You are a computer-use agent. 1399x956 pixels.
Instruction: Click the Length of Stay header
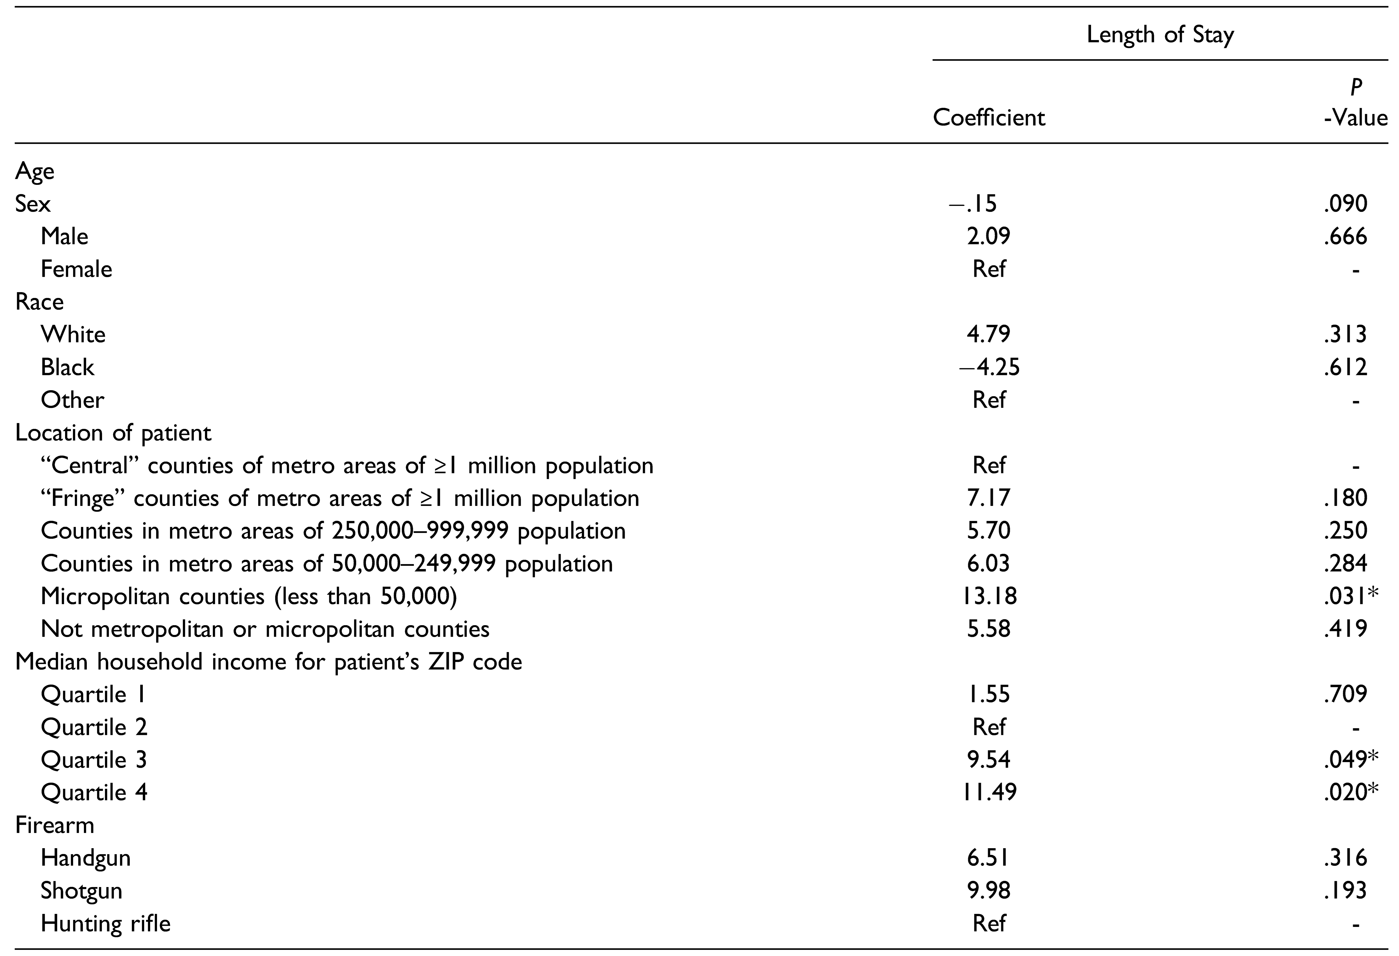click(1160, 35)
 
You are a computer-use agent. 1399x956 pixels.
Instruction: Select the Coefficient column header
click(988, 117)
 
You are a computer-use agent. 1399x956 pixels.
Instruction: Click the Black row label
click(68, 367)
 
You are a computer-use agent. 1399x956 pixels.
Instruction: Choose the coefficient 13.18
click(988, 596)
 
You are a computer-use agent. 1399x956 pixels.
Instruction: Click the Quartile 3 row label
click(94, 760)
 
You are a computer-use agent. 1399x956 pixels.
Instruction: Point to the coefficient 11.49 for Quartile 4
click(988, 792)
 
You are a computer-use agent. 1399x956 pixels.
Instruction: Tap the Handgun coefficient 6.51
click(988, 858)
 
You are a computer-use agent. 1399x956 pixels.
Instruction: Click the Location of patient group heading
click(113, 433)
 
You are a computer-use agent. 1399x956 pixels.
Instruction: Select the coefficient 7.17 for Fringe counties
click(988, 498)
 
